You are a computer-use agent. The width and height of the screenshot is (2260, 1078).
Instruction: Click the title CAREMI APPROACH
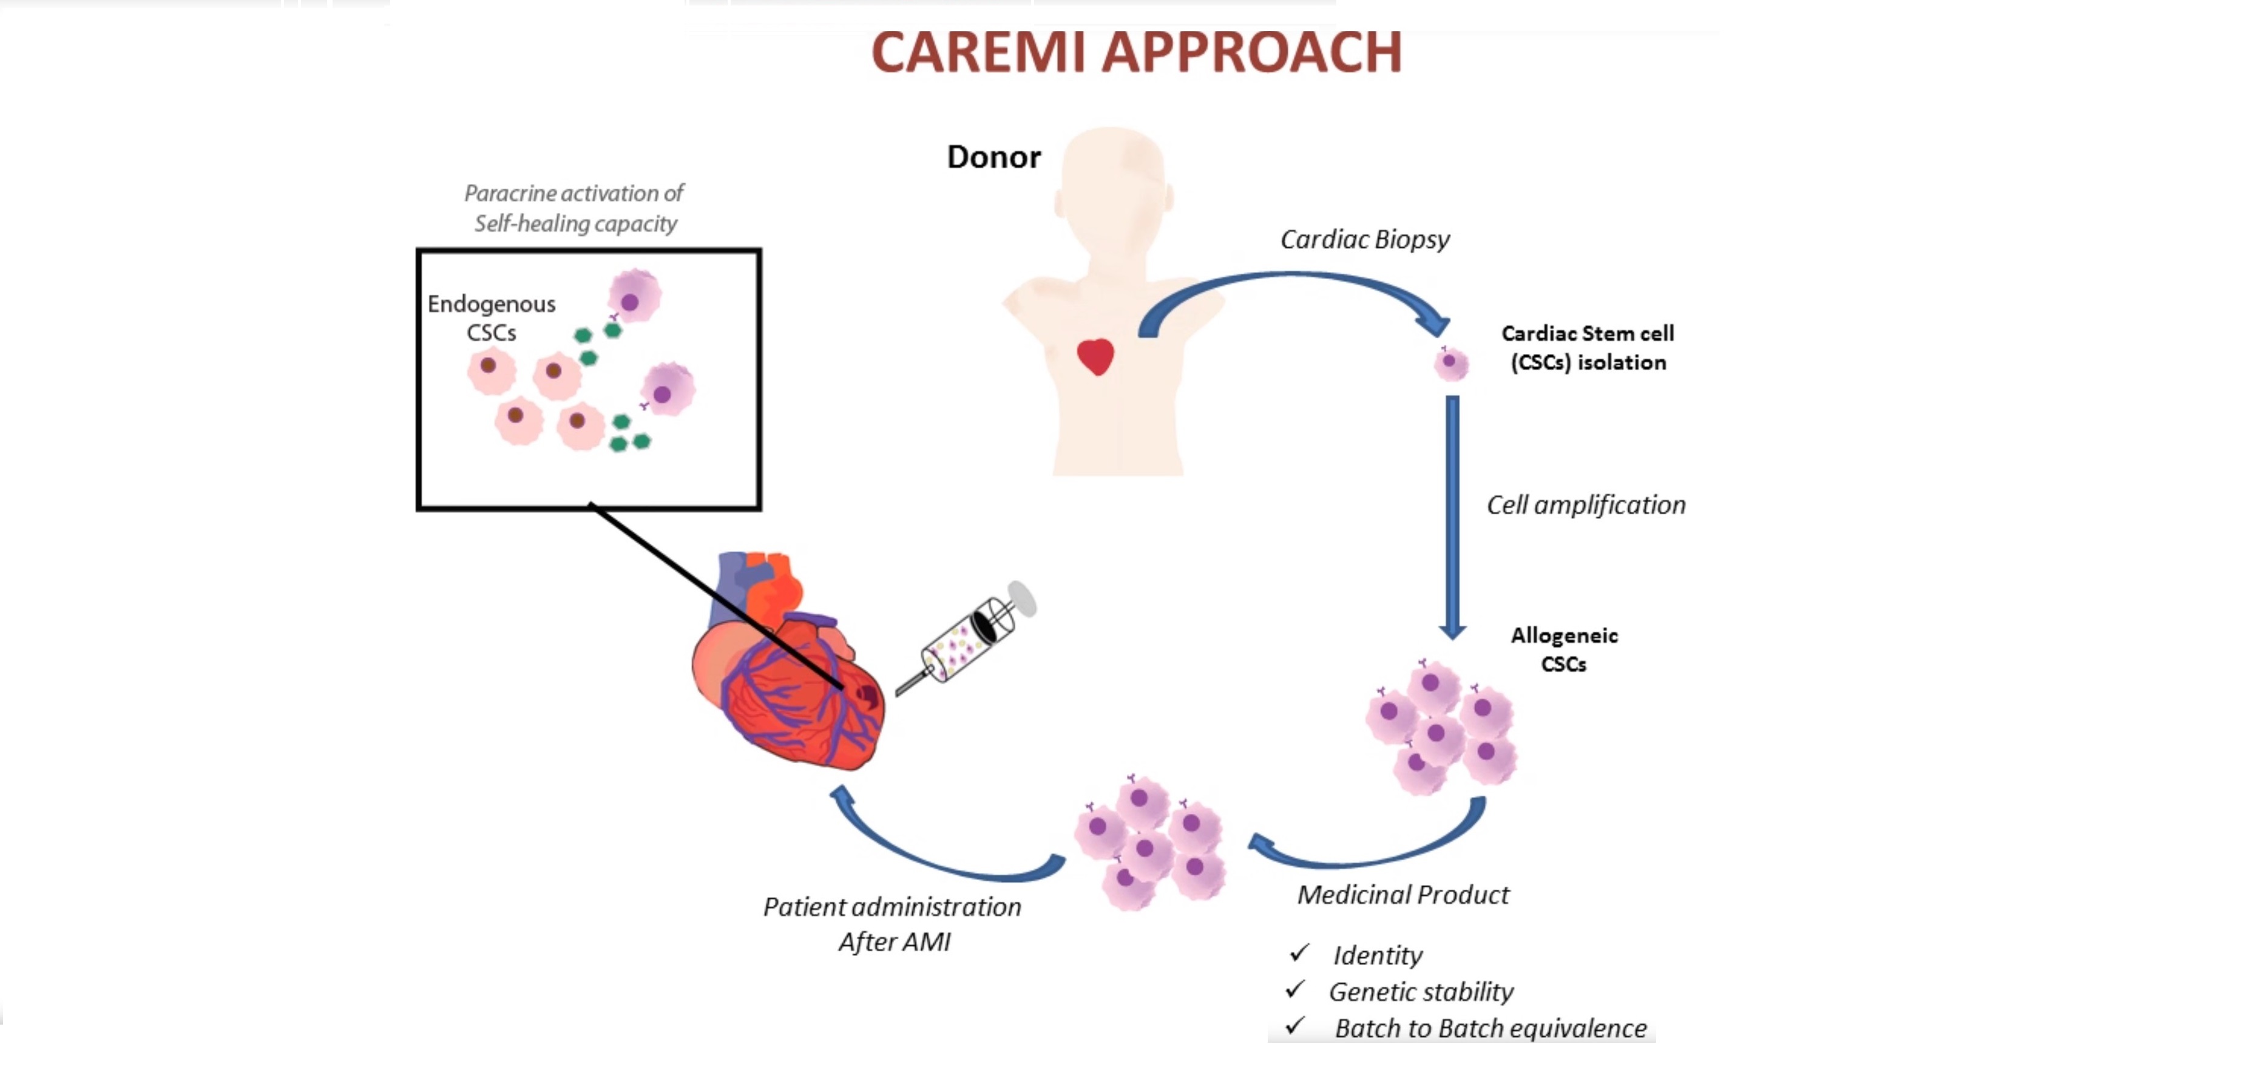(1136, 53)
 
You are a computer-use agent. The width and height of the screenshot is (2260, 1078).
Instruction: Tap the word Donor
(993, 157)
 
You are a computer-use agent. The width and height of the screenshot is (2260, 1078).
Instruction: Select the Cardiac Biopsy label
(1364, 240)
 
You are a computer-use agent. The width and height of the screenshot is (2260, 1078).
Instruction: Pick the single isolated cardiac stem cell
(1451, 362)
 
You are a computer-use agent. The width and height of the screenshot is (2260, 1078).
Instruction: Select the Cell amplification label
(1585, 505)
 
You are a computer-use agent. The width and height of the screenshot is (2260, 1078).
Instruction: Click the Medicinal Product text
(1403, 895)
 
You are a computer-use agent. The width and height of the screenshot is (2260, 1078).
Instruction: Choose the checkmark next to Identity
(1299, 954)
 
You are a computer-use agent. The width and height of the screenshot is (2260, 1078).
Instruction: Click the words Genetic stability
(1421, 992)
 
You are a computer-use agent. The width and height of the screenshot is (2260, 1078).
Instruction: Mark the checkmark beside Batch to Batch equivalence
(1295, 1026)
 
